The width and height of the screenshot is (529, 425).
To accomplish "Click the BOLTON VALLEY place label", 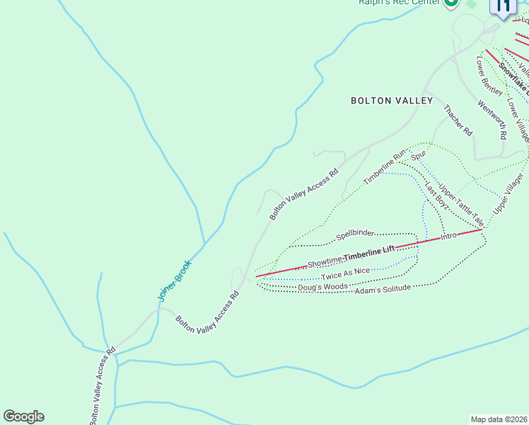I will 391,101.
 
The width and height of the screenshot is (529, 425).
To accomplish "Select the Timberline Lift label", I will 368,251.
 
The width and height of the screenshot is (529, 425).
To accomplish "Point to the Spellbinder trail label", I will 354,234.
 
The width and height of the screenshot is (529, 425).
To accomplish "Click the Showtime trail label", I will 325,263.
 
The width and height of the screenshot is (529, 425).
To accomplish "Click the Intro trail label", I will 448,236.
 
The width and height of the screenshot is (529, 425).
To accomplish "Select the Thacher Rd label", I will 457,120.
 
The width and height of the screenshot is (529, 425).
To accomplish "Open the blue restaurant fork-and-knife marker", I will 503,7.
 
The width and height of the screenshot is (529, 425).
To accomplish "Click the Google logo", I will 23,416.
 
